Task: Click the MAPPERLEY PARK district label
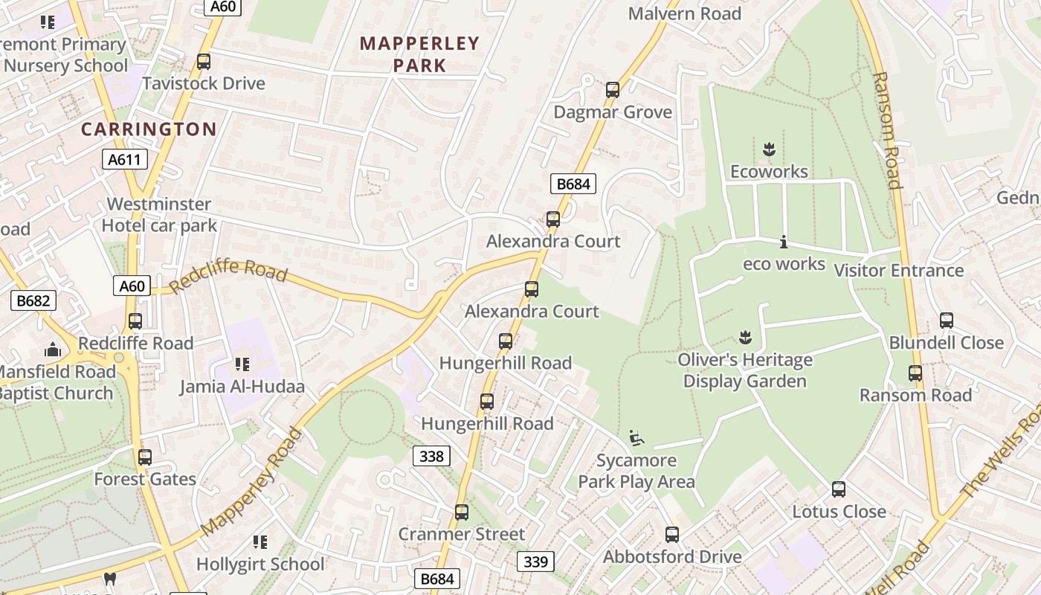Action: pos(419,54)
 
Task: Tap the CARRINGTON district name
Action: pos(149,129)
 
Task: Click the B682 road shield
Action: pos(33,300)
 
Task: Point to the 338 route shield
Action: pos(431,456)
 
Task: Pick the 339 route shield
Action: pos(535,562)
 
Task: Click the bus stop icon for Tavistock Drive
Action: pos(204,62)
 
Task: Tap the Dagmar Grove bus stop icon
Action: pos(613,90)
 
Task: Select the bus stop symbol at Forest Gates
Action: pos(145,457)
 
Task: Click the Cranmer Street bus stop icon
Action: pos(462,512)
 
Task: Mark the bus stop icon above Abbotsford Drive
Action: pos(672,535)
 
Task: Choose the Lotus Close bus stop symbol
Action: pos(839,489)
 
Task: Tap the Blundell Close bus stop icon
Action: pos(947,321)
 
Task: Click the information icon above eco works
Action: pos(784,242)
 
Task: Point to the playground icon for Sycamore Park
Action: pos(636,438)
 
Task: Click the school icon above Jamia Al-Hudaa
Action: pos(242,364)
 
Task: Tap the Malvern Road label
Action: pos(685,13)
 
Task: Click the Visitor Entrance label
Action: pos(899,270)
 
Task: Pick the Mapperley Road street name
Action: pos(252,481)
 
